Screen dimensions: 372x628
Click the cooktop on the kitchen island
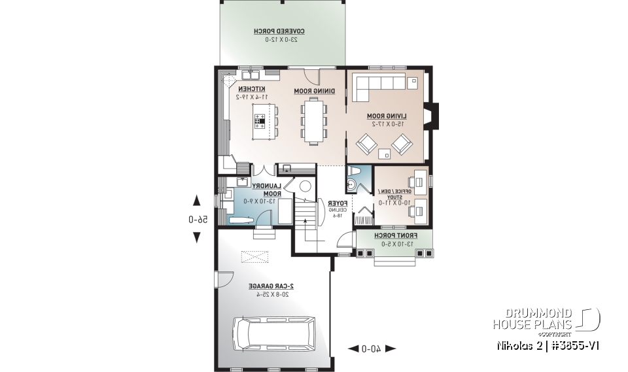click(260, 120)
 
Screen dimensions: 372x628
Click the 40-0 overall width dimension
click(372, 348)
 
